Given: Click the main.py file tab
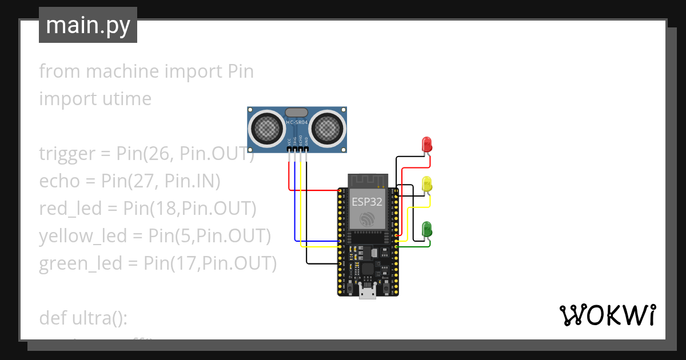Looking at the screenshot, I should tap(87, 25).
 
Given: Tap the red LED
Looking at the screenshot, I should tap(426, 144).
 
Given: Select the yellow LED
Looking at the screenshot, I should tap(426, 184).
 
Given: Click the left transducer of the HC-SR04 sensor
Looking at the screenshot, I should tap(266, 128).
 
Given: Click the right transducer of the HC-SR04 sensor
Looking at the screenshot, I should tap(328, 128).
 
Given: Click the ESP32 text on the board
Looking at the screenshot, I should tap(366, 201).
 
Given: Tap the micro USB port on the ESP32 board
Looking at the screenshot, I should tap(367, 293).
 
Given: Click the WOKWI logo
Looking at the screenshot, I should tap(607, 315).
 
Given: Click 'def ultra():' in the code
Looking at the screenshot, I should tap(83, 317).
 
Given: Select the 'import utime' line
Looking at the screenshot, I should tap(95, 99).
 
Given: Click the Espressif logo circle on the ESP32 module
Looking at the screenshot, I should tap(366, 219).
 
